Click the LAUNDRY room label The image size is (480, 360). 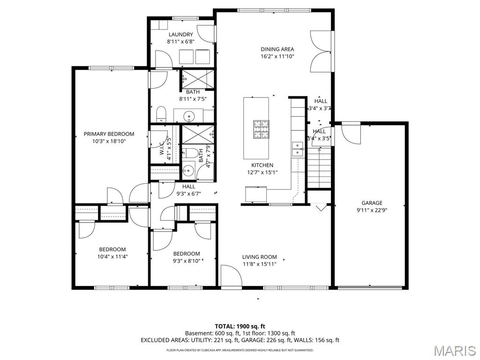click(180, 34)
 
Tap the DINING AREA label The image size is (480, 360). click(277, 49)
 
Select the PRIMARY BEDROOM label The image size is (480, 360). click(109, 134)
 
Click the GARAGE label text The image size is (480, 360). click(372, 203)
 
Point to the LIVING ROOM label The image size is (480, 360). click(259, 257)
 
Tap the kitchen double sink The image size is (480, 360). click(298, 149)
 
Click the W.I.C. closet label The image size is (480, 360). click(162, 150)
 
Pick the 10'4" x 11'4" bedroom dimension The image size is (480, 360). click(112, 256)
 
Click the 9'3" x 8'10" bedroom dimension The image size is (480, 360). click(186, 261)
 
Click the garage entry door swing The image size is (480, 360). click(351, 134)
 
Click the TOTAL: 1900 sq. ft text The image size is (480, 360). click(240, 326)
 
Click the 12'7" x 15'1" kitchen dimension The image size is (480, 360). click(262, 172)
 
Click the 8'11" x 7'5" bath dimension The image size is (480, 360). click(193, 99)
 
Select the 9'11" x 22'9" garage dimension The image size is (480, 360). click(372, 210)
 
